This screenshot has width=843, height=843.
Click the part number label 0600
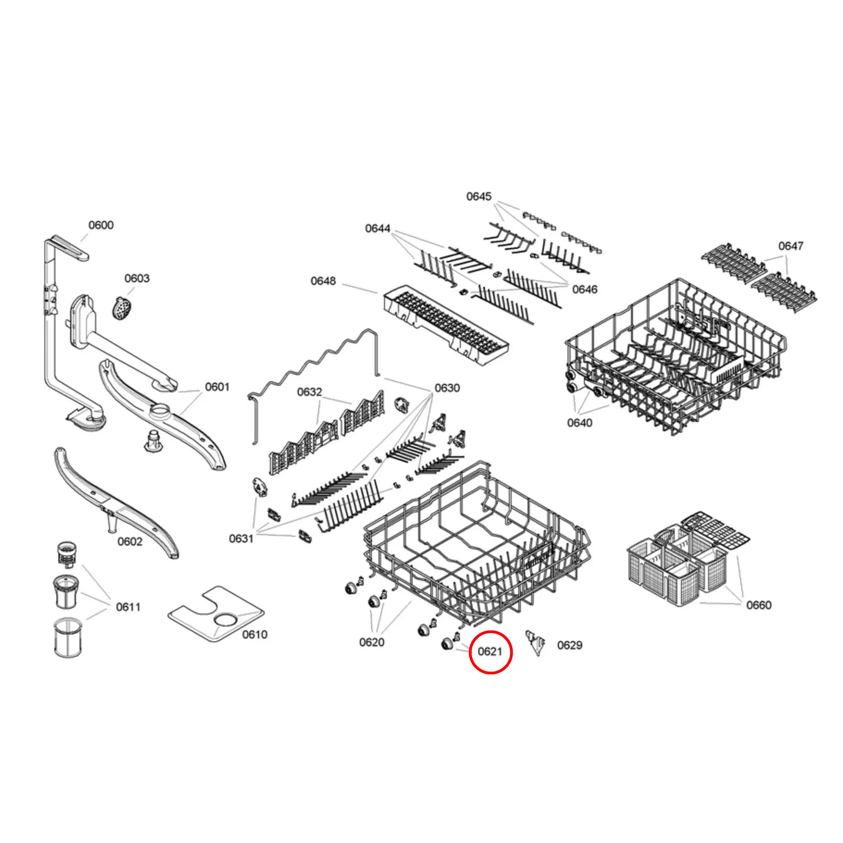click(x=101, y=225)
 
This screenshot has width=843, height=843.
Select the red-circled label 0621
click(x=490, y=652)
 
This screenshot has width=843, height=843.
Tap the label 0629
click(x=570, y=645)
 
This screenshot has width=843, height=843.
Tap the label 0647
click(x=790, y=246)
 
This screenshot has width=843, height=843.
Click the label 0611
click(x=128, y=607)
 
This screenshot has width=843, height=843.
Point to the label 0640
click(x=579, y=422)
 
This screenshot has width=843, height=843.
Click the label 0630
click(x=447, y=388)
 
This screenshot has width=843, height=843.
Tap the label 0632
click(x=309, y=392)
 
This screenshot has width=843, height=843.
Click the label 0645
click(x=479, y=196)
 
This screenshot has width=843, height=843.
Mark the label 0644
click(x=377, y=229)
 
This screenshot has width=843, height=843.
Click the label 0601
click(x=217, y=386)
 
